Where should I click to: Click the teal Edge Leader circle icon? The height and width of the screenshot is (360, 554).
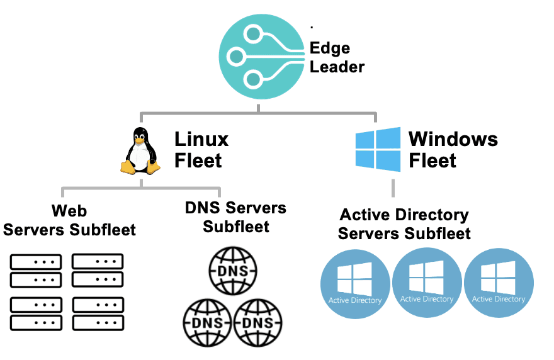point(259,57)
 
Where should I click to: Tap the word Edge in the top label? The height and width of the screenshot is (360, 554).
point(330,48)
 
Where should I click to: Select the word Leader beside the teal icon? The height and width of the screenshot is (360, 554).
point(337,67)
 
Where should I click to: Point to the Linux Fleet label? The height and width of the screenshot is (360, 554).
point(200,150)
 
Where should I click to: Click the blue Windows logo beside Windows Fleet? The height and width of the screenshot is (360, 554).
point(378,150)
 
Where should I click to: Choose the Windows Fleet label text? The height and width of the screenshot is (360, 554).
point(453,150)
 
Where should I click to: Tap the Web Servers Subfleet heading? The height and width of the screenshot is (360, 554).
point(69,220)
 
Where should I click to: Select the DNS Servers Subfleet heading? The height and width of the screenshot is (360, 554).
point(235,217)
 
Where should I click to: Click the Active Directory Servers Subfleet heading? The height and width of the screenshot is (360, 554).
point(404,224)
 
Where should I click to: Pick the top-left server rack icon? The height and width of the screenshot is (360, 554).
point(36,270)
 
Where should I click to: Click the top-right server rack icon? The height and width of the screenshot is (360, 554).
point(98,270)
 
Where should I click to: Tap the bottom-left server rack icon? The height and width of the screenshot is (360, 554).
point(36,313)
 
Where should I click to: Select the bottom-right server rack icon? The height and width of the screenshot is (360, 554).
point(98,313)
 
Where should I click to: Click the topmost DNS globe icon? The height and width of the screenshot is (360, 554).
point(232,271)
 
